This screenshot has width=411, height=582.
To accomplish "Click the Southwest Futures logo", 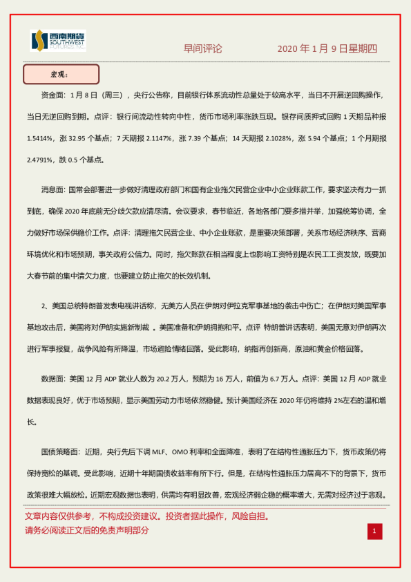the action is click(58, 41).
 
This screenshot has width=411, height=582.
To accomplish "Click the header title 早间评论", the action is click(202, 49).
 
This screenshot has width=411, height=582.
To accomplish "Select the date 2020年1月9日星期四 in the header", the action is click(327, 49).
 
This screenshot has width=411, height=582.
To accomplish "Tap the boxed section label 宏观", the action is click(61, 74).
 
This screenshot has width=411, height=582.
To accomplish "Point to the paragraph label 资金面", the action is click(53, 95).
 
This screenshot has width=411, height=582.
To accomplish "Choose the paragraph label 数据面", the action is click(53, 379).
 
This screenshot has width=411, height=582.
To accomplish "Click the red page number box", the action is click(374, 531).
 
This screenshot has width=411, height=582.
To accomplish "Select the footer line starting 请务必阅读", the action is click(86, 531).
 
